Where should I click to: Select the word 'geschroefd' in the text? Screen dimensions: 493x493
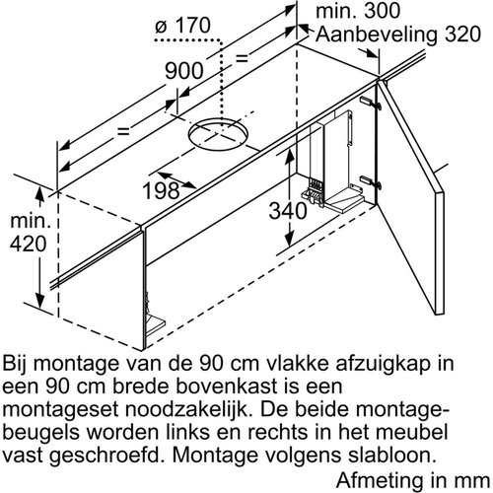coord(99,451)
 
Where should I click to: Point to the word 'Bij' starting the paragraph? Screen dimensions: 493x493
coord(20,361)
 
